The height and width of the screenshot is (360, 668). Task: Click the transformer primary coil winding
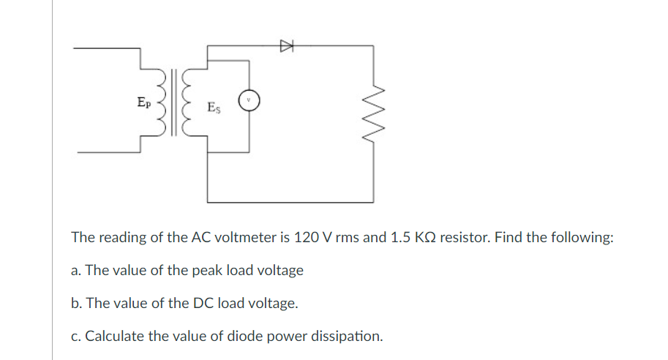(157, 102)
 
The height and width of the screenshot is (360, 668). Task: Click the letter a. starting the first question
(76, 271)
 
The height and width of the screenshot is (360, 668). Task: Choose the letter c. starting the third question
(76, 337)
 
